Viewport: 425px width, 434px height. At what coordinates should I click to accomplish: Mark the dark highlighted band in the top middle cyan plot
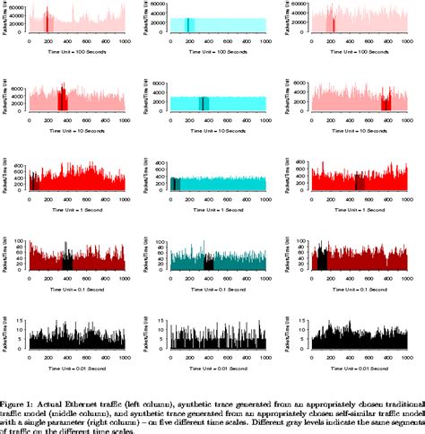click(x=189, y=24)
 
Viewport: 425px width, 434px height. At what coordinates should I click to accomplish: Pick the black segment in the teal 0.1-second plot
click(x=209, y=263)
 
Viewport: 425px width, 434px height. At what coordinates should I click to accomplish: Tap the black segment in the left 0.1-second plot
click(x=67, y=262)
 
